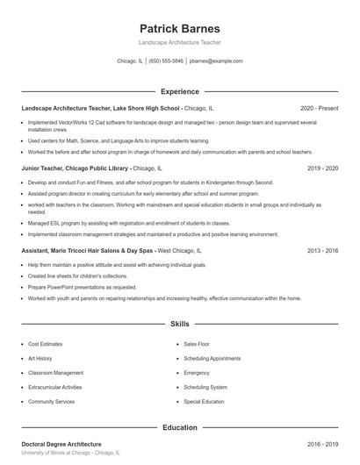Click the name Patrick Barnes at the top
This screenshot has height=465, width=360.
179,29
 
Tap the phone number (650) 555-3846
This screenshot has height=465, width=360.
166,61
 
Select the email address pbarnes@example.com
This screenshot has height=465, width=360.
216,61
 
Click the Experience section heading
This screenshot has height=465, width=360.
179,91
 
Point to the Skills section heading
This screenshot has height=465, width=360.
179,325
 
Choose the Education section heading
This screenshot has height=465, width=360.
179,427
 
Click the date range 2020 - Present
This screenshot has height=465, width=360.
319,108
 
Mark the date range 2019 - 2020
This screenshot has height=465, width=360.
322,167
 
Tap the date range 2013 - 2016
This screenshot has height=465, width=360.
322,250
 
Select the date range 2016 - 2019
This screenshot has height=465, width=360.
322,445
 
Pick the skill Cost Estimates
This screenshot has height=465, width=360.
45,344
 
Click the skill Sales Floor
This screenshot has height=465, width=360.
197,344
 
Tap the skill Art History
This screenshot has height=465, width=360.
40,358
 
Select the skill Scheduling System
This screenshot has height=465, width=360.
205,387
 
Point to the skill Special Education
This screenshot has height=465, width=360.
205,401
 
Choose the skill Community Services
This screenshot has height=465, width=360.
51,401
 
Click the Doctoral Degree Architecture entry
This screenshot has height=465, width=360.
61,445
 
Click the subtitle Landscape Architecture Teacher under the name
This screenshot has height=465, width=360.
179,42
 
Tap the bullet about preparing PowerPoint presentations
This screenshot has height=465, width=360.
83,287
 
